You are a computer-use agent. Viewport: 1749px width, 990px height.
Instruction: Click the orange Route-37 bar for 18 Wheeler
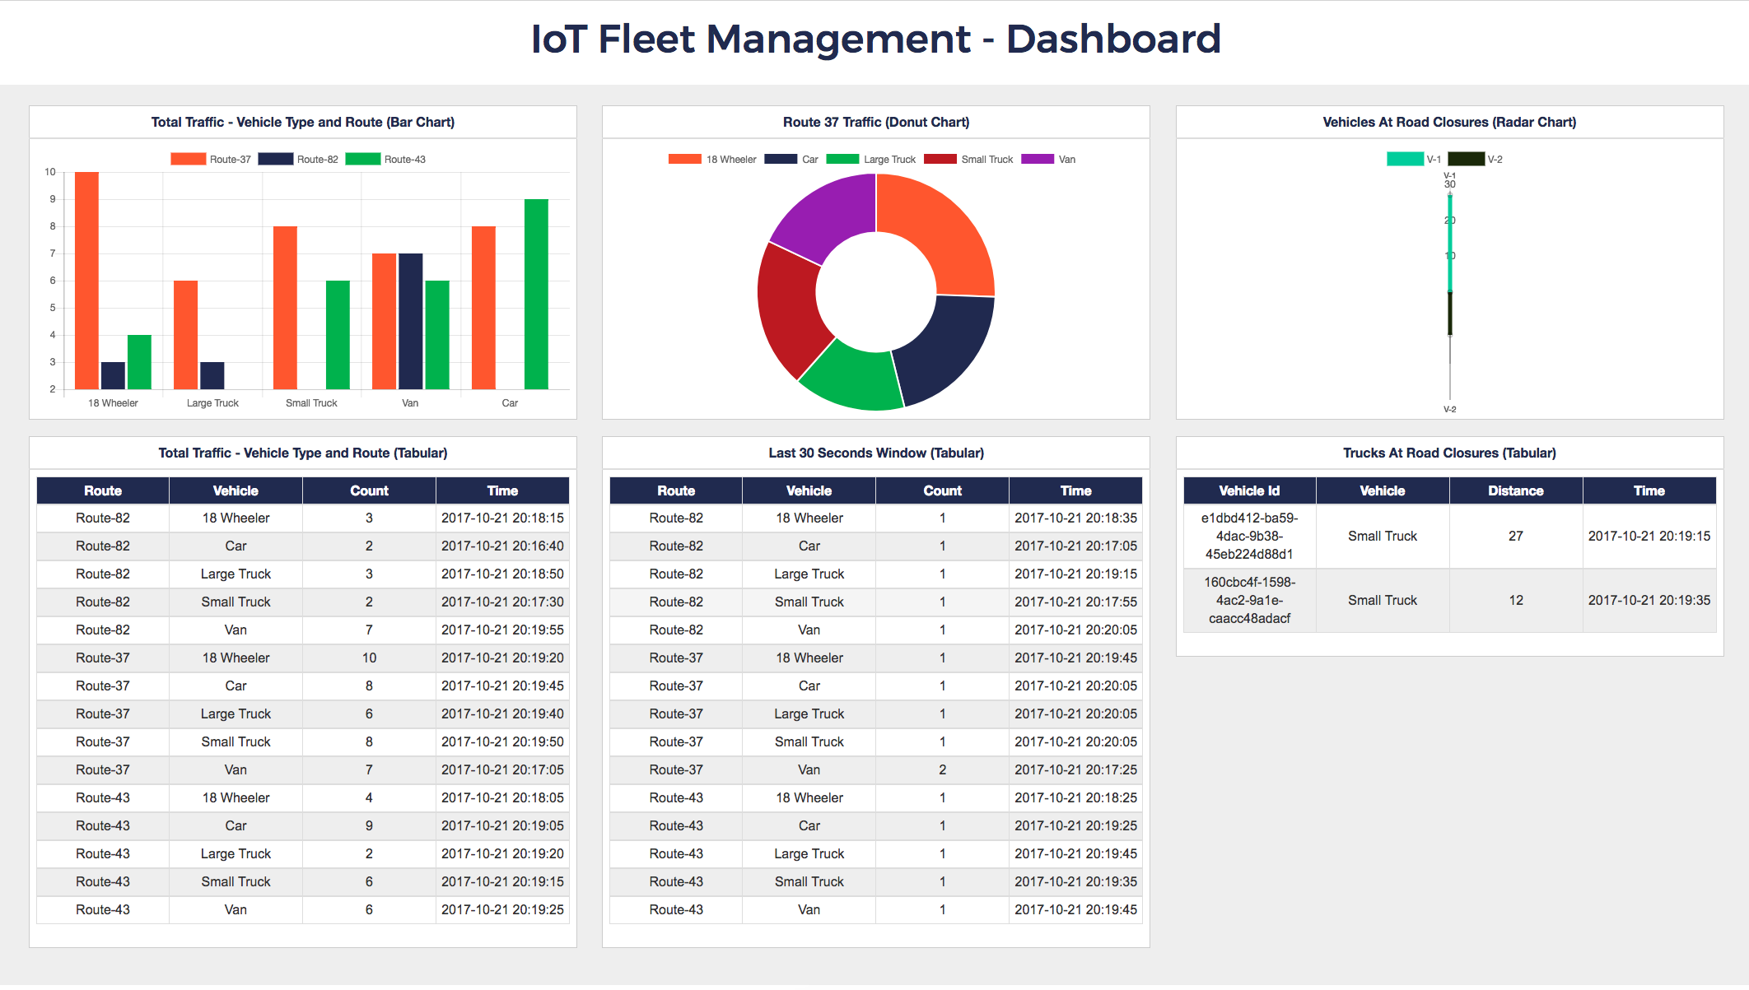pos(86,280)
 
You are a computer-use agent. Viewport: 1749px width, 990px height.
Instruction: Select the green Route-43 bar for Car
pos(536,294)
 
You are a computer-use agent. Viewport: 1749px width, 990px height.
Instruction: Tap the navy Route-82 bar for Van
pos(410,321)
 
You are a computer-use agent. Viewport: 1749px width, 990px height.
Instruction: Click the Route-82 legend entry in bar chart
pos(299,160)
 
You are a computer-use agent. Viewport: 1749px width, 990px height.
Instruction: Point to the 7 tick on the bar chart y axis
pos(53,253)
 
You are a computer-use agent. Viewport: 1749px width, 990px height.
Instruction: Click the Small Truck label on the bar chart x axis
pos(311,403)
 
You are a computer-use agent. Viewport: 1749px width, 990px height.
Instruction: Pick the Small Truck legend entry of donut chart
pos(969,160)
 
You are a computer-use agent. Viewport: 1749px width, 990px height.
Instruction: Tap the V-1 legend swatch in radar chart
pos(1405,160)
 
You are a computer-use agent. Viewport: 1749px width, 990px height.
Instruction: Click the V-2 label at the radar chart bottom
pos(1449,409)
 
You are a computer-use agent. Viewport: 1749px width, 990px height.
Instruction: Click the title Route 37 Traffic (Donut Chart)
pos(875,122)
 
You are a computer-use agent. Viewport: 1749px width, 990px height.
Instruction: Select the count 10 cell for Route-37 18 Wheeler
pos(369,658)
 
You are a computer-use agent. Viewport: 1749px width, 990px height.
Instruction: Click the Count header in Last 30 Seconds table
pos(942,490)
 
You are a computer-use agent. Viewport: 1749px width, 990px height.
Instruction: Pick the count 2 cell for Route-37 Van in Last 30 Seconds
pos(942,769)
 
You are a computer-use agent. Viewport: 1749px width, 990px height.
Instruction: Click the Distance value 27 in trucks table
pos(1515,536)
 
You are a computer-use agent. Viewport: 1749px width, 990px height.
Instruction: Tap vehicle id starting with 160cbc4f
pos(1249,600)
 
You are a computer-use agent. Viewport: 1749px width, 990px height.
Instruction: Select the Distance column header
pos(1515,490)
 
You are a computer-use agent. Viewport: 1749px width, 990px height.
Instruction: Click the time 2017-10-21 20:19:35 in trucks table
pos(1649,600)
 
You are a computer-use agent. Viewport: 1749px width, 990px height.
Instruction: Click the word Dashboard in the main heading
pos(1113,40)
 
